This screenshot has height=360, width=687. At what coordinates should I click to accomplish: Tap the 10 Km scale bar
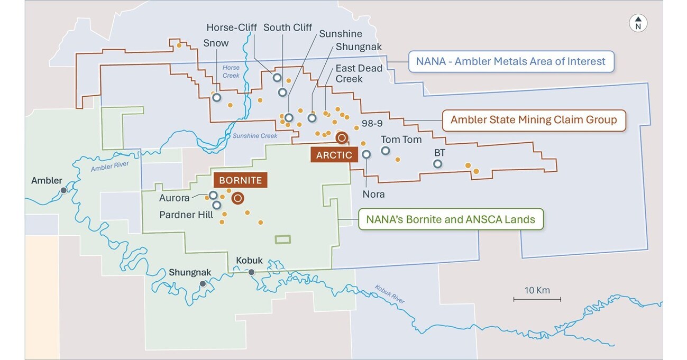coord(537,299)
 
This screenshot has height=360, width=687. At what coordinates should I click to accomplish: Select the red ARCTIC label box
coord(334,155)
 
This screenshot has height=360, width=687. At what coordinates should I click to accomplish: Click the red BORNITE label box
coord(241,180)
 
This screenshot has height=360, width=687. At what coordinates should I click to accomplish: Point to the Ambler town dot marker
coord(63,190)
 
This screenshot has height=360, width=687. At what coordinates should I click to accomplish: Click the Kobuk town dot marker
coord(251,272)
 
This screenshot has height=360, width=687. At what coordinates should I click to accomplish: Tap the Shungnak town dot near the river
coord(202,284)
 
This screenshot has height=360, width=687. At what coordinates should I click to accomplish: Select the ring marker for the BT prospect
coord(437,163)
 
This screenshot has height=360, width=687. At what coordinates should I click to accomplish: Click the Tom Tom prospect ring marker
coord(386,151)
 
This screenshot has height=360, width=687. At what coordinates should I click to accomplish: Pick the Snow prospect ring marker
coord(216,97)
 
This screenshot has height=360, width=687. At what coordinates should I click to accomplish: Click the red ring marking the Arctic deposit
coord(342,137)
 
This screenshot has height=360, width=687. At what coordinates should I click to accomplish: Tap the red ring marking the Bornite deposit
coord(237,198)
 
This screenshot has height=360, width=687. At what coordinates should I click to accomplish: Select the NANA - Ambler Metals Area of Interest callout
coord(510,61)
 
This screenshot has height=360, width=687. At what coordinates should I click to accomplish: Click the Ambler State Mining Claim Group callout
coord(533,120)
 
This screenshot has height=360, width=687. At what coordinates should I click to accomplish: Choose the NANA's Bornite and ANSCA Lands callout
coord(451,219)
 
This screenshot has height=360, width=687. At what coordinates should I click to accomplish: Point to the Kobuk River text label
coord(390,294)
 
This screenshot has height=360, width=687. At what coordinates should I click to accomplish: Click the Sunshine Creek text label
coord(255,136)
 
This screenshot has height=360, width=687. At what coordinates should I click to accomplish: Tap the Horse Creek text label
coord(231,71)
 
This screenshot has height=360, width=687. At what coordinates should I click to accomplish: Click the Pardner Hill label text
coord(186,215)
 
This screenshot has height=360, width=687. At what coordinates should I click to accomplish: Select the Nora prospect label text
coord(373,194)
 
